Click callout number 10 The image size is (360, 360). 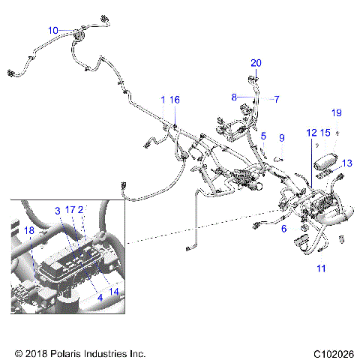tap(52, 30)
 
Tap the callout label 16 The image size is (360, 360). tap(175, 100)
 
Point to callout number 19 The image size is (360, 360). tap(337, 112)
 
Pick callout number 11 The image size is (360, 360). tap(321, 268)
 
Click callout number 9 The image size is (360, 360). tap(282, 138)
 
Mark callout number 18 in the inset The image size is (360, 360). tap(28, 232)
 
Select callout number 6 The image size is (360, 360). tap(283, 229)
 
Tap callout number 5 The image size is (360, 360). tap(263, 136)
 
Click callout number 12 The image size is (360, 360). tap(310, 133)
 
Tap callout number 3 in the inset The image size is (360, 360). tap(56, 211)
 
